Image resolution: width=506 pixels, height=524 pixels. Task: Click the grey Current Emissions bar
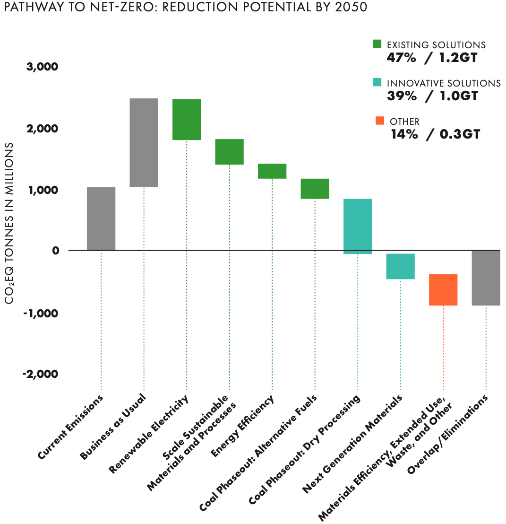[x=101, y=218]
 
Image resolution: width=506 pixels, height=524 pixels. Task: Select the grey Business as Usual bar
[x=144, y=142]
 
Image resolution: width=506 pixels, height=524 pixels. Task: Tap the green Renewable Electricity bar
[x=187, y=119]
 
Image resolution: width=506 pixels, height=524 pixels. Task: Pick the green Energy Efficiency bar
[x=272, y=171]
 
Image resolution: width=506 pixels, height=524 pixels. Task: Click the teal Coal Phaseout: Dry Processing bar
[x=358, y=226]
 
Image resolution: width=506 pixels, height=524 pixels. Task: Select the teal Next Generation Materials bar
[x=400, y=266]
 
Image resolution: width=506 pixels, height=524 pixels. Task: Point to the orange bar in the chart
[x=443, y=289]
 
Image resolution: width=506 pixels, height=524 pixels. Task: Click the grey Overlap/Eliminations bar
[x=486, y=278]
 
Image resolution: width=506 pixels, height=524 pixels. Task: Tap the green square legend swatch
[x=377, y=44]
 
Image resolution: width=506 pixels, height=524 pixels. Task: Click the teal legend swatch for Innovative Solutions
[x=377, y=82]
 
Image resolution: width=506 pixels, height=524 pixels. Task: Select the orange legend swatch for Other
[x=380, y=121]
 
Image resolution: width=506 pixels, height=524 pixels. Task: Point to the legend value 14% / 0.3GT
[x=435, y=134]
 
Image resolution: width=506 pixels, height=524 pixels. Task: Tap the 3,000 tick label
[x=42, y=67]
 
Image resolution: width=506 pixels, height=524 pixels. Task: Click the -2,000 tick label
[x=40, y=374]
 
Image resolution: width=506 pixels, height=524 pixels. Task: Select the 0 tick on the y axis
[x=54, y=250]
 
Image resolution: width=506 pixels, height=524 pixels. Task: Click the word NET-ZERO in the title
[x=96, y=8]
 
